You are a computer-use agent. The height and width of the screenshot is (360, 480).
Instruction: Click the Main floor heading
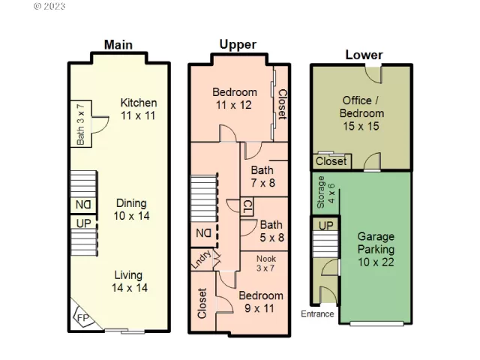[x=118, y=44]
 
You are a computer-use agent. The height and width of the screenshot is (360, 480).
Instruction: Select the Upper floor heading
[x=237, y=44]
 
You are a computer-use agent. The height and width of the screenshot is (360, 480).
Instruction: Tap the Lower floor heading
[x=364, y=55]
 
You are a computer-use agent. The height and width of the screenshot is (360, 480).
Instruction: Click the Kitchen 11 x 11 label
[x=139, y=109]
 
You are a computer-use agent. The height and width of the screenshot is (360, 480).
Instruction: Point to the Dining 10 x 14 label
[x=131, y=209]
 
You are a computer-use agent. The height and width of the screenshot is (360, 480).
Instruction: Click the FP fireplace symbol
[x=82, y=319]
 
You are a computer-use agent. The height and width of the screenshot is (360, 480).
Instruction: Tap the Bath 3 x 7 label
[x=80, y=124]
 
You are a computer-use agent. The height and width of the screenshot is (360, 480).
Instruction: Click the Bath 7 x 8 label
[x=262, y=176]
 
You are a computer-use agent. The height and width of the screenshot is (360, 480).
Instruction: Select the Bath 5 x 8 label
[x=271, y=230]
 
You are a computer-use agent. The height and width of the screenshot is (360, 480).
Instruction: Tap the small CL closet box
[x=247, y=205]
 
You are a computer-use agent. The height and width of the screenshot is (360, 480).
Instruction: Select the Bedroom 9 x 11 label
[x=261, y=301]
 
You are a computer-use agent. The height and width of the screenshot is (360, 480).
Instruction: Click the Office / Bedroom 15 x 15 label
[x=363, y=113]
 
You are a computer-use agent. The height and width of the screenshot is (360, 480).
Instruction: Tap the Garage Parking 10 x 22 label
[x=375, y=248]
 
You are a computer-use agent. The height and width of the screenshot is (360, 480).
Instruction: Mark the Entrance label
[x=318, y=313]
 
